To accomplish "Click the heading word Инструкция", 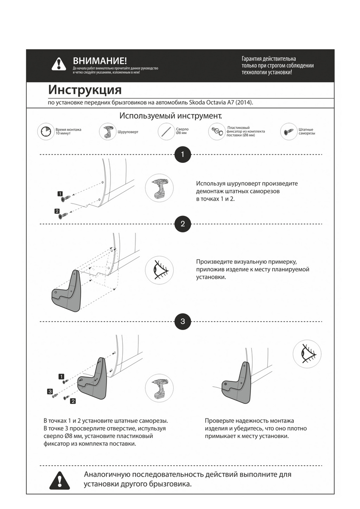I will click(x=85, y=90).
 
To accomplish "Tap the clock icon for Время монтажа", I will click(x=45, y=132).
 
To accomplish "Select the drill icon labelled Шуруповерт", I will click(x=107, y=132).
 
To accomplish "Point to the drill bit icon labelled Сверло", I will click(x=167, y=131).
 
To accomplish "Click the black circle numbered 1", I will click(x=183, y=154).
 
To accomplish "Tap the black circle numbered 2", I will click(x=183, y=224).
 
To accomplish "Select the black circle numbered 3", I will click(x=183, y=321).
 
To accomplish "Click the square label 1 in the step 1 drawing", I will click(x=60, y=193).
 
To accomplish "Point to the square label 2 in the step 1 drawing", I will click(x=57, y=211).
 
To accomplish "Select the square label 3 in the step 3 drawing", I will click(x=50, y=391).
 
